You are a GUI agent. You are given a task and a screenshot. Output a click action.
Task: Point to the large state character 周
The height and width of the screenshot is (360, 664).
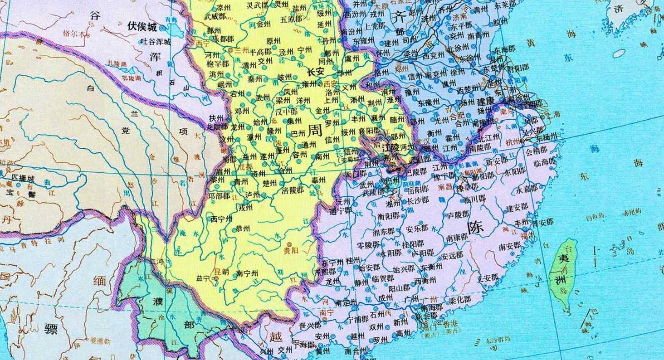pyautogui.click(x=315, y=131)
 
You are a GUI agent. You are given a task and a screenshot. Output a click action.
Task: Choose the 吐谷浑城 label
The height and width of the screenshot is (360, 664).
pyautogui.click(x=156, y=42)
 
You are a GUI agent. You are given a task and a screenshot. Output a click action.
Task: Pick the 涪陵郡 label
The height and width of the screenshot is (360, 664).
pyautogui.click(x=293, y=190)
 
